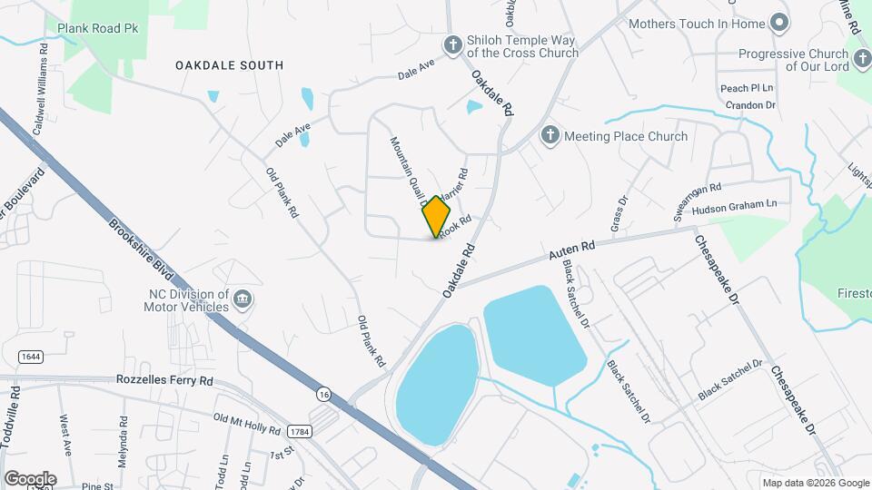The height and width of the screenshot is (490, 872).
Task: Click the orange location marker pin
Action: [437, 216]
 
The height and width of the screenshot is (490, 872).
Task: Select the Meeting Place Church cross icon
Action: [550, 136]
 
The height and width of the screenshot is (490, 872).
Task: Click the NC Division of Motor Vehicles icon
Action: [242, 299]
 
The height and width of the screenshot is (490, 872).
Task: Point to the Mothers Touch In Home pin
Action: [778, 23]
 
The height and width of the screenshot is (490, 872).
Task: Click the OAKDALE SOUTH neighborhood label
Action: [229, 65]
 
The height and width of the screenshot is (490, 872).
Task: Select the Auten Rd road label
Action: [571, 247]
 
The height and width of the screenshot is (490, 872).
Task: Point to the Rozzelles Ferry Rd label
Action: [164, 380]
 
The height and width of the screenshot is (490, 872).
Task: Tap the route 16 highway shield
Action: [323, 393]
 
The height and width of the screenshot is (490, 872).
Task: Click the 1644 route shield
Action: [28, 357]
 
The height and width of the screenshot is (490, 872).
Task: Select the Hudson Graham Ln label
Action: [735, 208]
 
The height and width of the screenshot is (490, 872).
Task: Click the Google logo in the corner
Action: [30, 478]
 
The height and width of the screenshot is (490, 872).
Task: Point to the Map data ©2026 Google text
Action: [815, 483]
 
